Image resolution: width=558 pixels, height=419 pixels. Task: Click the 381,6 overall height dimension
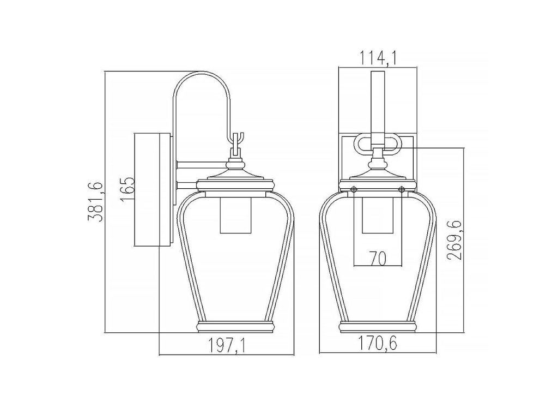point(96,202)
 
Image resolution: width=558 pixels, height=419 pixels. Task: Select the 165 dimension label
point(127,189)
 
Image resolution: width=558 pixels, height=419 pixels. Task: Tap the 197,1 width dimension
point(227,345)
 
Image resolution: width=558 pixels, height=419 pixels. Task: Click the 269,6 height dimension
point(455,240)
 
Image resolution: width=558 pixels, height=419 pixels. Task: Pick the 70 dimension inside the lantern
point(378,259)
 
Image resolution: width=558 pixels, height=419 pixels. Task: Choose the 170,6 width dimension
point(377,344)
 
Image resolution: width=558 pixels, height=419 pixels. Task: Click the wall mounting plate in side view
point(153,190)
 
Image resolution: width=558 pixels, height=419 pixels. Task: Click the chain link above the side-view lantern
point(237,144)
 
